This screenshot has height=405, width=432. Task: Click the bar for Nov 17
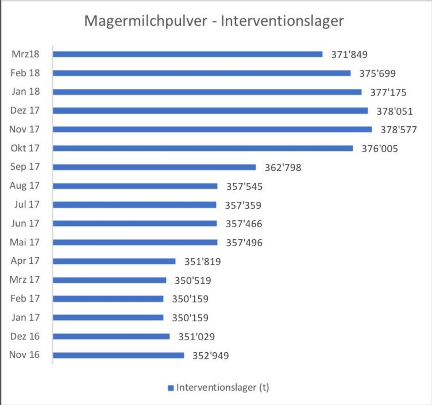pos(212,129)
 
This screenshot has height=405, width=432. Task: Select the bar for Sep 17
pos(154,167)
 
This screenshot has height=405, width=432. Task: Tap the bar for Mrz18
pos(188,54)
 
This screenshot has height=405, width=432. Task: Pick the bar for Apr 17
pos(114,261)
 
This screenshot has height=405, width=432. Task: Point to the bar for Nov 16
pos(118,355)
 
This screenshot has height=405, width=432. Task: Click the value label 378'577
pos(398,130)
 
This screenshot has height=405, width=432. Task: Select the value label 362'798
pos(283,168)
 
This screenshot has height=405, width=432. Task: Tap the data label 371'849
pos(349,55)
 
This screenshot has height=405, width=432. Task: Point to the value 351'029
pos(197,337)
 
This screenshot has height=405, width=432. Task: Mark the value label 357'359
pos(243,205)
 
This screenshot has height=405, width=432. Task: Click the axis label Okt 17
pos(25,148)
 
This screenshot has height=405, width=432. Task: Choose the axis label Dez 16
pos(25,336)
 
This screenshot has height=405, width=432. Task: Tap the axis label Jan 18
pos(26,91)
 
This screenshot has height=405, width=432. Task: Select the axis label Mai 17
pos(25,242)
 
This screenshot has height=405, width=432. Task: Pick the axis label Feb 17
pos(25,298)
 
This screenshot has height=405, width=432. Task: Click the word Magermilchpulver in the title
pos(146,21)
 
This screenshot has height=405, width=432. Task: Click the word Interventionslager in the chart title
pos(282,21)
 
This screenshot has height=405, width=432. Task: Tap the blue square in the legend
pos(171,388)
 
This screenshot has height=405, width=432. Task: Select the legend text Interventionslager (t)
pos(222,387)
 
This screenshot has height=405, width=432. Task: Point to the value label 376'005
pos(380,149)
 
